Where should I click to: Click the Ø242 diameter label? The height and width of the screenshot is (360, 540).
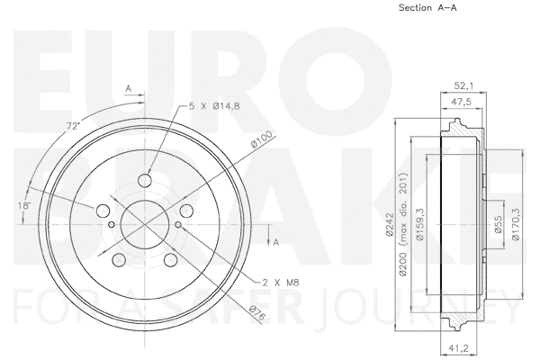point(389,223)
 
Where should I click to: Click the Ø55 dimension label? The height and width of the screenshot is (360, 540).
point(497,223)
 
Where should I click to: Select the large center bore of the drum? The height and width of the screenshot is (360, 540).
point(144,224)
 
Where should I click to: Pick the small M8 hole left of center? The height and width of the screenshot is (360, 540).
point(109,224)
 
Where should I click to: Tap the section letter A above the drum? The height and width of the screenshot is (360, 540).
point(129,88)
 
